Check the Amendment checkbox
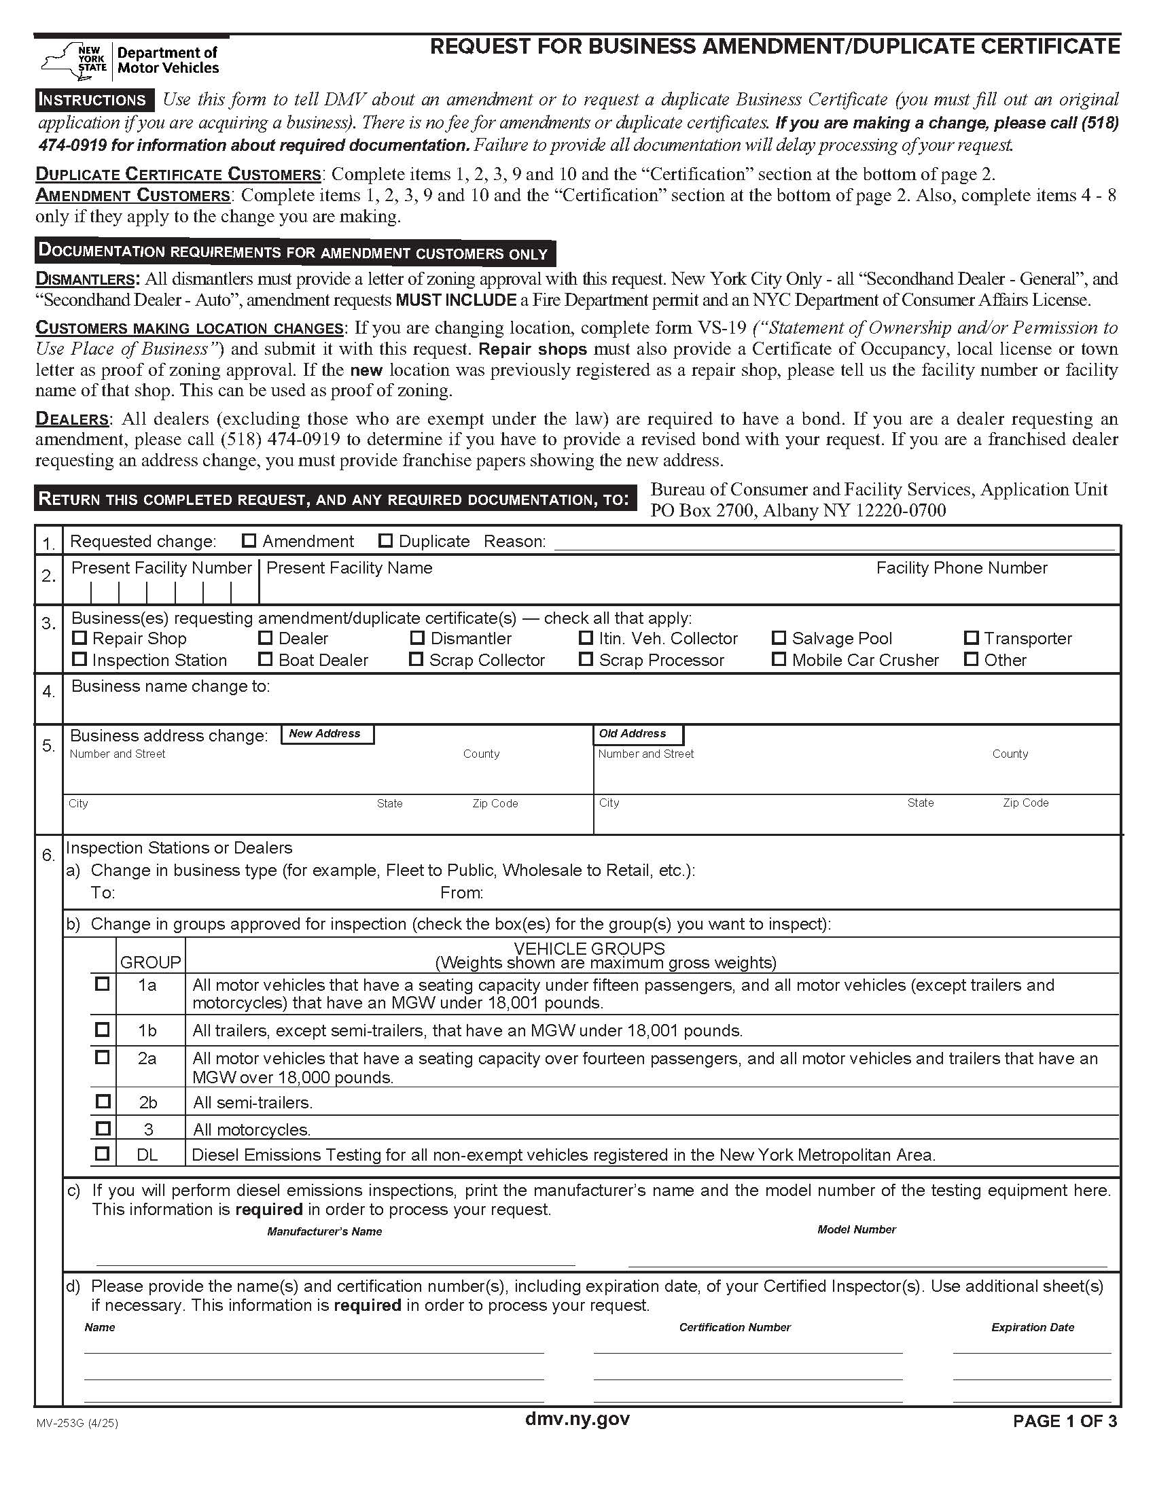249,541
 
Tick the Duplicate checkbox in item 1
386,541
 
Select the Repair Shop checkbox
80,638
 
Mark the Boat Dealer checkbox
266,659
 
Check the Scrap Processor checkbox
586,659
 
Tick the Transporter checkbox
971,638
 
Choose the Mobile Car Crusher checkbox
779,659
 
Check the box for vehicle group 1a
102,984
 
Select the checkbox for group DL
102,1153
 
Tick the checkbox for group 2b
103,1102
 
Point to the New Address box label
327,734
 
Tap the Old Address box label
638,734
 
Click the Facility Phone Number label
961,567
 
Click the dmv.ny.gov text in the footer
577,1418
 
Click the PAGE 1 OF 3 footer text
1065,1421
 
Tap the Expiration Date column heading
1032,1327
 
